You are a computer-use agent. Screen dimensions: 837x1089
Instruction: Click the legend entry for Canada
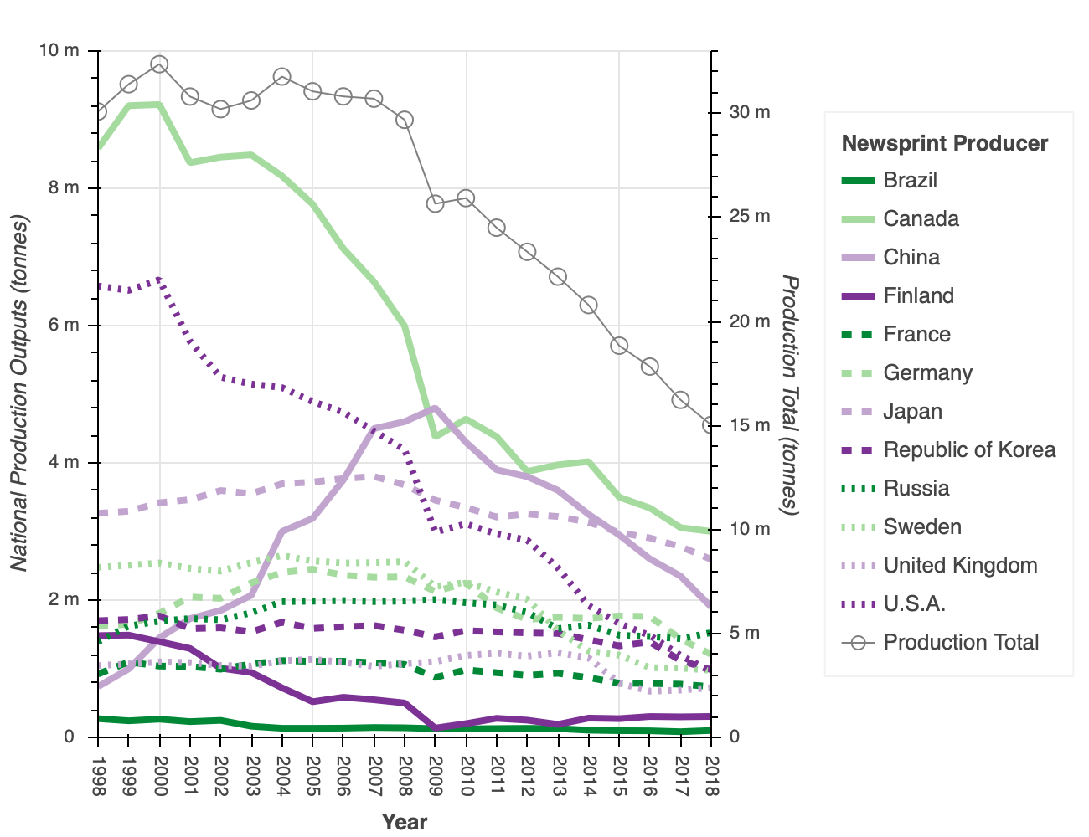point(921,219)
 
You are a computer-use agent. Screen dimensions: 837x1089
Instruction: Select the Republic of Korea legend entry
point(969,450)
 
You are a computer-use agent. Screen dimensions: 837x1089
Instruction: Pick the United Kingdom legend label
point(960,566)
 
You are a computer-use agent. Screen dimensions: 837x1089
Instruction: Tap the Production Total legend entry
point(961,643)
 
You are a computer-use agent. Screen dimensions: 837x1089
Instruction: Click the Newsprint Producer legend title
point(944,144)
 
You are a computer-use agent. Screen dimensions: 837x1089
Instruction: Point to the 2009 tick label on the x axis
point(436,776)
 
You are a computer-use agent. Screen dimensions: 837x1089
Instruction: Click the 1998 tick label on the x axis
point(99,776)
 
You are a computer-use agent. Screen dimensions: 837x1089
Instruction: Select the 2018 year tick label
point(712,776)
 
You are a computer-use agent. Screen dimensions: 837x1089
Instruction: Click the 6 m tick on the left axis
point(64,326)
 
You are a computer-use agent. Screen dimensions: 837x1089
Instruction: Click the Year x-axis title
point(405,822)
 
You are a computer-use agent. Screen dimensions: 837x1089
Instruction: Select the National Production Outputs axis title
point(20,393)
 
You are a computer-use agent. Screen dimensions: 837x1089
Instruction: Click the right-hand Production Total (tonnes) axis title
point(789,393)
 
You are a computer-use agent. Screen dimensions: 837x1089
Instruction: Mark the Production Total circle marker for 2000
point(159,64)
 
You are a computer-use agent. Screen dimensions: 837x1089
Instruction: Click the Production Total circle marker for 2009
point(436,203)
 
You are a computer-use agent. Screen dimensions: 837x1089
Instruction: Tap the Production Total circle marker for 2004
point(282,77)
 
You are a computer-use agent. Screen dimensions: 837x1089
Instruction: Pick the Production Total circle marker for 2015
point(619,345)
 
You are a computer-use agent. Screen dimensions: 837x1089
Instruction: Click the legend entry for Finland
point(918,296)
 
